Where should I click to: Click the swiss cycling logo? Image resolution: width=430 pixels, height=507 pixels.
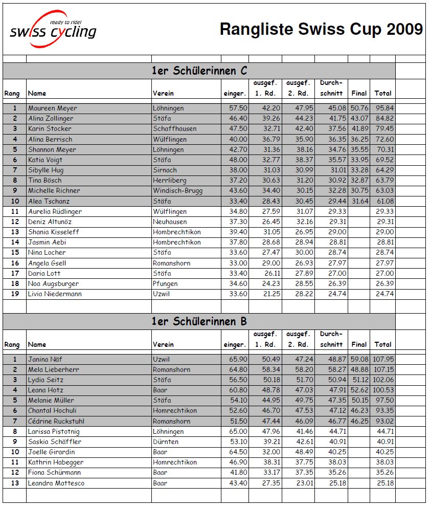(53, 30)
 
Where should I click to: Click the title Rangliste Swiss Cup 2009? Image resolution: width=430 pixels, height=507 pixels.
(321, 29)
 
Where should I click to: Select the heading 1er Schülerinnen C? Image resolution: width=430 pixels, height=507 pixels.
(199, 71)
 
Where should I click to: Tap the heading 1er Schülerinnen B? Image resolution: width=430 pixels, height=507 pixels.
(199, 321)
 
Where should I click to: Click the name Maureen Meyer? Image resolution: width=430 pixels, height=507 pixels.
(53, 108)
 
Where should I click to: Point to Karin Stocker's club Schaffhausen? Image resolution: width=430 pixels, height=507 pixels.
(174, 129)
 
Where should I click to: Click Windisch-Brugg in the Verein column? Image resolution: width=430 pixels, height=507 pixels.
(177, 191)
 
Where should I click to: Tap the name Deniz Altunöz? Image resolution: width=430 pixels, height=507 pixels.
(50, 222)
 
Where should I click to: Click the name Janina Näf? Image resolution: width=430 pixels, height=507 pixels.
(45, 359)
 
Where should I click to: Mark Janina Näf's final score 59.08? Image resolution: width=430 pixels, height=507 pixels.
(359, 359)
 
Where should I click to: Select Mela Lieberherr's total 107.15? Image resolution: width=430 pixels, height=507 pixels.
(383, 369)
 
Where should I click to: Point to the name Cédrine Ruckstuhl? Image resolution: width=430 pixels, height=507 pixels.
(56, 421)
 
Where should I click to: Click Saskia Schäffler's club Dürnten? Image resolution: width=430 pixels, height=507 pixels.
(166, 442)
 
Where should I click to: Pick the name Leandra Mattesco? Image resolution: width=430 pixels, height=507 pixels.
(56, 483)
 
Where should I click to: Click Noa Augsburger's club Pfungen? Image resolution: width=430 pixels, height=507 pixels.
(165, 283)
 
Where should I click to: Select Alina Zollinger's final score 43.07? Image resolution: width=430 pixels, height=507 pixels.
(359, 119)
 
